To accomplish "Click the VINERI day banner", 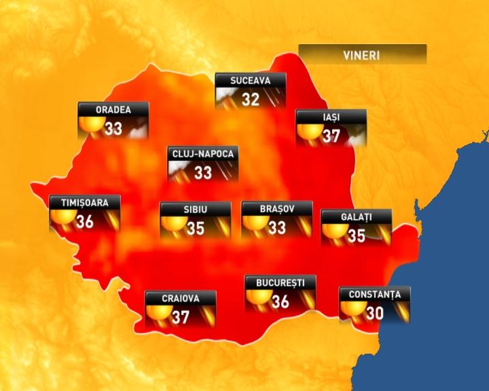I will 363,54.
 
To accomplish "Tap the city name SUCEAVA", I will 251,81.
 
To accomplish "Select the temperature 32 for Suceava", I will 251,99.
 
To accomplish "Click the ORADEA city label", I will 113,109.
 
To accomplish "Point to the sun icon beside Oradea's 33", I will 90,125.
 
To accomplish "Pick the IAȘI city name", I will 331,117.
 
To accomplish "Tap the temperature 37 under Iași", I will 331,136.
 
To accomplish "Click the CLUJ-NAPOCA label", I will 203,154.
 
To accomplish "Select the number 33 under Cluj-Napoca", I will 203,172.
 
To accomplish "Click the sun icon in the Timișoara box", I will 61,219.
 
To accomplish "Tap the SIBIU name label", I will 195,209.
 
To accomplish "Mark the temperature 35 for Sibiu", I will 196,228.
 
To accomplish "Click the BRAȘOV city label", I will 277,209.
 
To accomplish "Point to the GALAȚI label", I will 356,217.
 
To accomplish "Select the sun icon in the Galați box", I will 333,234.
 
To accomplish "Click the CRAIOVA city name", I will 181,298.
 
